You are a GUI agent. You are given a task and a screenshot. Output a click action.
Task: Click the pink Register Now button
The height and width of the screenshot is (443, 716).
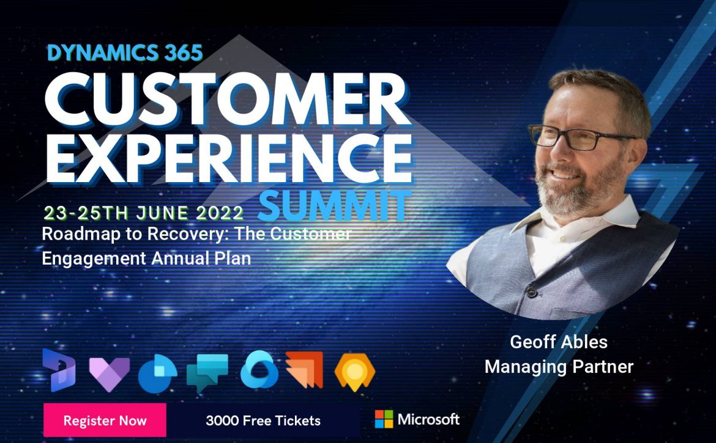click(105, 420)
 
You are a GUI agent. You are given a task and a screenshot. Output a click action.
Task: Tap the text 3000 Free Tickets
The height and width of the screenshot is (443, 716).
click(263, 420)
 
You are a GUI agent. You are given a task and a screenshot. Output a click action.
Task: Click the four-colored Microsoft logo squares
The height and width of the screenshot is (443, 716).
click(384, 419)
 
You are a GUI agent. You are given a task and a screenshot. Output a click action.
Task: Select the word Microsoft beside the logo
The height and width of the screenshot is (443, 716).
click(428, 419)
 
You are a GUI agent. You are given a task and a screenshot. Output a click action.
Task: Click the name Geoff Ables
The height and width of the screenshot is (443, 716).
click(559, 342)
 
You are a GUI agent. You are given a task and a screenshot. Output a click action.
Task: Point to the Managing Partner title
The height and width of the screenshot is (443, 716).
click(559, 367)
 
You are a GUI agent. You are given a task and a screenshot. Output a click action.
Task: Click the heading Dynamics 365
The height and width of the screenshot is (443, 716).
click(125, 53)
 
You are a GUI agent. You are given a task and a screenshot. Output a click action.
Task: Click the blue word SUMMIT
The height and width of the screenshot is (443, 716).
click(334, 206)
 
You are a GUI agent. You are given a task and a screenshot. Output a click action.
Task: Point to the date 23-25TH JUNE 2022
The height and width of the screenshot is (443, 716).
click(143, 213)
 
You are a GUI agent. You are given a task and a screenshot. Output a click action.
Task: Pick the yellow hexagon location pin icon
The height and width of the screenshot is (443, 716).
click(355, 372)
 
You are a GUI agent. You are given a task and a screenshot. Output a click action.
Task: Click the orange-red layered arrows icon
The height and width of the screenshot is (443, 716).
click(304, 369)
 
